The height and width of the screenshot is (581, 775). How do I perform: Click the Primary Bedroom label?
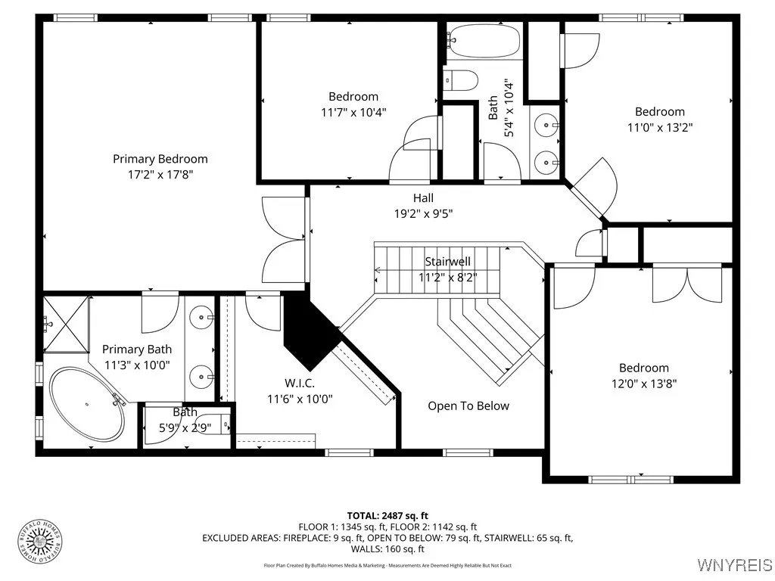(x=160, y=159)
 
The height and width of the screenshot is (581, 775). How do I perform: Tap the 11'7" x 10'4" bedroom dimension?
(x=353, y=112)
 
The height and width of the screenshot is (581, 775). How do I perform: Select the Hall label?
(x=423, y=198)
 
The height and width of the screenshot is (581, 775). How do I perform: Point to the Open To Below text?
(x=468, y=406)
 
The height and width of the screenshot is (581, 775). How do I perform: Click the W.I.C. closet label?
(x=300, y=384)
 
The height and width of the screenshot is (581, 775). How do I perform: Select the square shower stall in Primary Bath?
(x=65, y=324)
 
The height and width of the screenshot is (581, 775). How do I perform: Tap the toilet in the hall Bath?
(x=461, y=79)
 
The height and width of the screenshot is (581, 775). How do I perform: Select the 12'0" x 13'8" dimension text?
(x=644, y=384)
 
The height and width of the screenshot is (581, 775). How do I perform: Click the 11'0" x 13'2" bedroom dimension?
(x=660, y=127)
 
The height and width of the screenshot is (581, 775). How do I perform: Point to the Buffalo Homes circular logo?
(x=40, y=540)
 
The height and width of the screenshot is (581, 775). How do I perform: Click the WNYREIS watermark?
(x=735, y=565)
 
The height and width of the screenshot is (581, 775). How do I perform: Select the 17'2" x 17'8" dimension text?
(x=160, y=174)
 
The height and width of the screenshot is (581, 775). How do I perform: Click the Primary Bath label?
(x=137, y=350)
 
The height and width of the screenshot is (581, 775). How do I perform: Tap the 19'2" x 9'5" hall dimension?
(x=423, y=213)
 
